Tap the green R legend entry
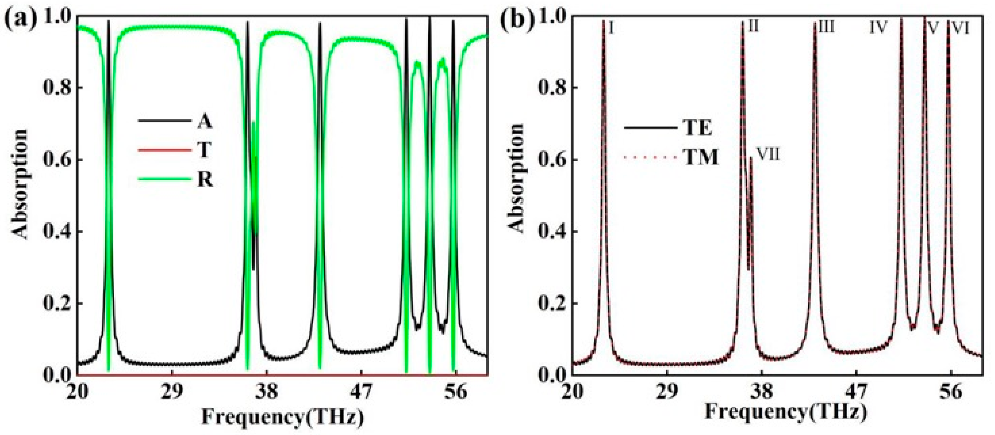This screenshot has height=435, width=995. pos(205,180)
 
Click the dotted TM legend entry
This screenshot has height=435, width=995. pos(701,158)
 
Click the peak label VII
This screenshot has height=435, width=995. pos(768,155)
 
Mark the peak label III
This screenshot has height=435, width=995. pos(826,27)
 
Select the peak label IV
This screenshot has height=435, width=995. pos(878,27)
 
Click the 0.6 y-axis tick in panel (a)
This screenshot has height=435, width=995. pos(58,160)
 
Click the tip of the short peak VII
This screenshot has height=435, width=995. pos(751,158)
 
